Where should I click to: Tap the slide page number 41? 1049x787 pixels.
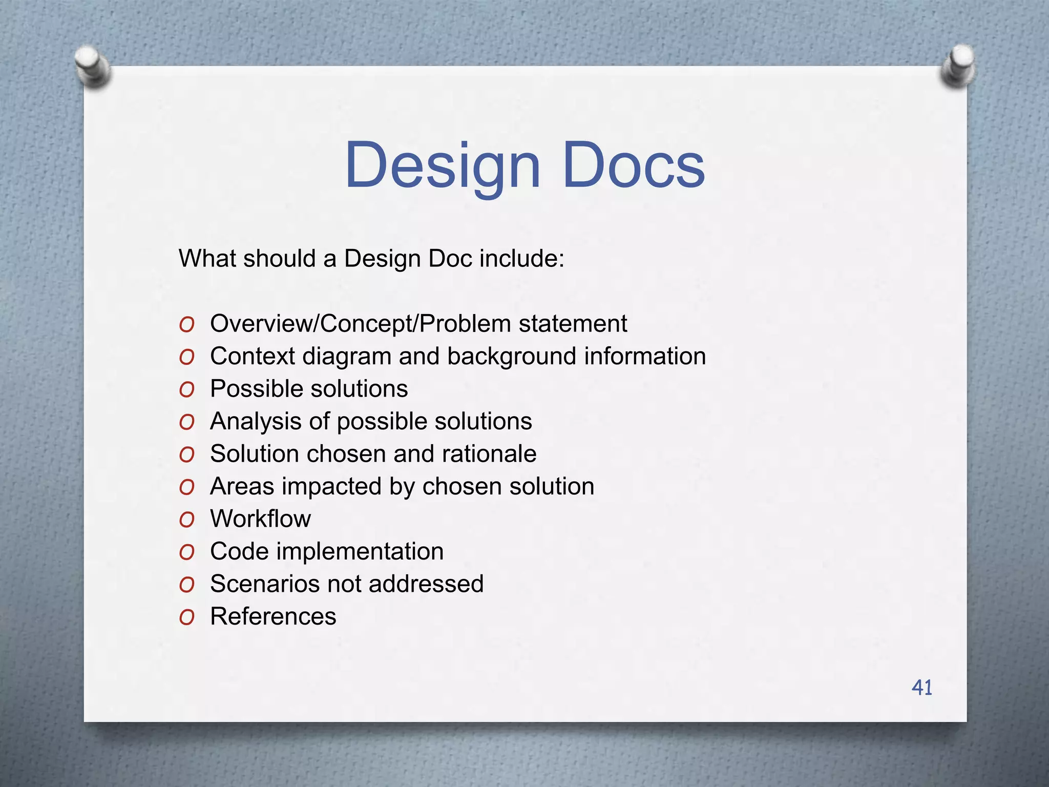(x=921, y=688)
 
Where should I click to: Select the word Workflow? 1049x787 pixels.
(x=260, y=519)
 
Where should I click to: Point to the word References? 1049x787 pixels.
(x=273, y=616)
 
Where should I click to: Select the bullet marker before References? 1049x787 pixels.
(x=187, y=618)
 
